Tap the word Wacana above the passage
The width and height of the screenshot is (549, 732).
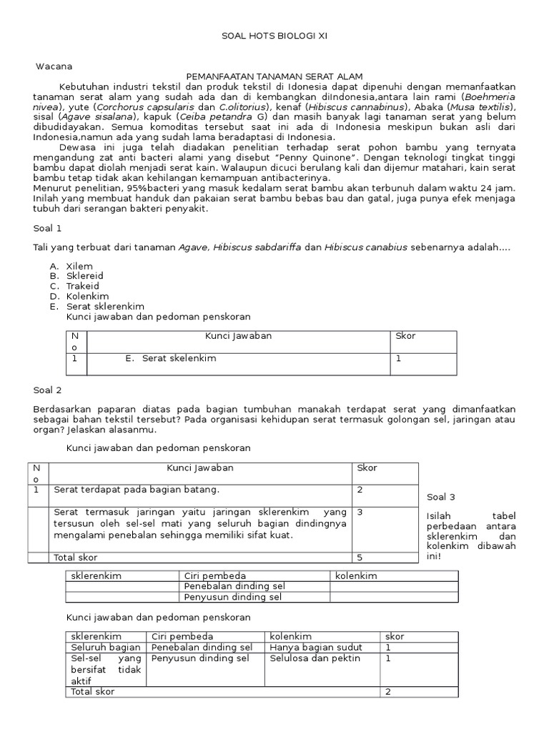tap(54, 66)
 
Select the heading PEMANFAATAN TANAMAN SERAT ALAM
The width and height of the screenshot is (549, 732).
tap(274, 76)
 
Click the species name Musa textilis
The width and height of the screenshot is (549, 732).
tap(483, 107)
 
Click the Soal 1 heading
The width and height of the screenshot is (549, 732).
tap(48, 229)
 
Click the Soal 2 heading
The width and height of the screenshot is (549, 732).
tap(48, 390)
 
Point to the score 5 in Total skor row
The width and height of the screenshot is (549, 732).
tap(360, 557)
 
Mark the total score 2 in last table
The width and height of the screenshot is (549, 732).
tap(388, 692)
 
